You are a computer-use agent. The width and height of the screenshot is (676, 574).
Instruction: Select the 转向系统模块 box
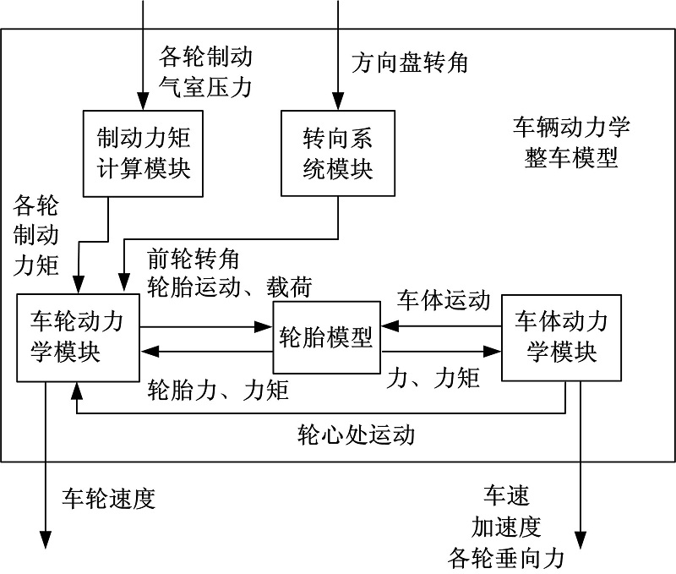[x=337, y=153]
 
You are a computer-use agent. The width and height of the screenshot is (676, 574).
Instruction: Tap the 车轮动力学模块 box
[x=78, y=337]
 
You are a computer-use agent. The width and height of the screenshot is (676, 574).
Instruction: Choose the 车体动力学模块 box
[x=561, y=337]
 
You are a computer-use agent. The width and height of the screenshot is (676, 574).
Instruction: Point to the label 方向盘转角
[x=410, y=63]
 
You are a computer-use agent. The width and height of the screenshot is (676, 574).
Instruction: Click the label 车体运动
[x=444, y=300]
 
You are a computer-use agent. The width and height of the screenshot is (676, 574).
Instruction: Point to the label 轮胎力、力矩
[x=218, y=390]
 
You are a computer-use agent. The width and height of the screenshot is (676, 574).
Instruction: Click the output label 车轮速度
[x=108, y=499]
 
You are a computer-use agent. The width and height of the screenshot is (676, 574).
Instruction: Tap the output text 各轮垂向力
[x=505, y=559]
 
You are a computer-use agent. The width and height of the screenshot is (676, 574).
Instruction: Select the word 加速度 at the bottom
[x=505, y=528]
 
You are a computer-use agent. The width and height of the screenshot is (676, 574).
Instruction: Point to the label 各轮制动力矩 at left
[x=36, y=237]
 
